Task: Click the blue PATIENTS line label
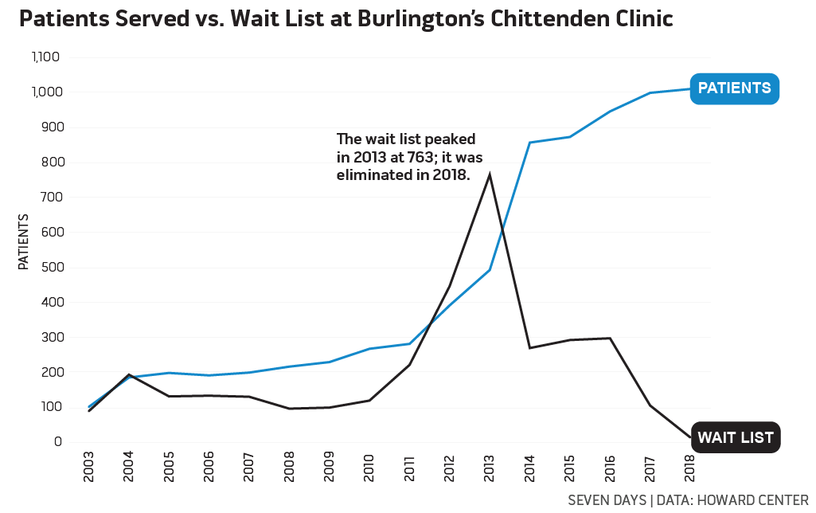pos(734,88)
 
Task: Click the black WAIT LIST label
pos(735,437)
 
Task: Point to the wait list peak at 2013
pos(490,174)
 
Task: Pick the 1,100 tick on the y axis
pos(46,57)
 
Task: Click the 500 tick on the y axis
pos(51,268)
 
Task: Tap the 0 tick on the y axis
pos(58,442)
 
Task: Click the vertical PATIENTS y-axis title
pos(24,242)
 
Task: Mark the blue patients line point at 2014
pos(529,143)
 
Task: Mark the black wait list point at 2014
pos(529,348)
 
